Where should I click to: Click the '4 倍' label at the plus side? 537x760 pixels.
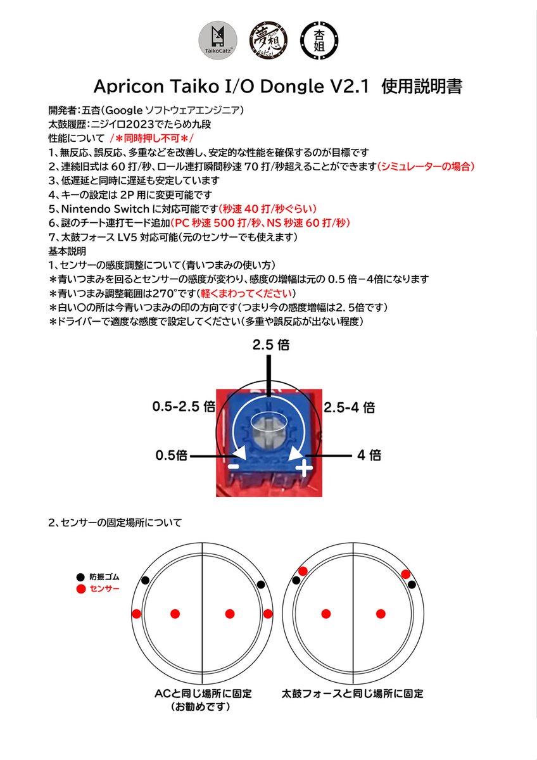[369, 455]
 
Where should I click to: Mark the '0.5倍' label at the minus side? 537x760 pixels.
[173, 455]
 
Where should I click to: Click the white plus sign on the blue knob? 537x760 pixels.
[305, 468]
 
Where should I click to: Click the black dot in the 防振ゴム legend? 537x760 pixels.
[80, 577]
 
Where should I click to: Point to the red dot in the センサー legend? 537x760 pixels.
[80, 590]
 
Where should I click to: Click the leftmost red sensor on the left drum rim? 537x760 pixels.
[136, 613]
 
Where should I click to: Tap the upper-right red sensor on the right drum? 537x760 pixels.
[406, 574]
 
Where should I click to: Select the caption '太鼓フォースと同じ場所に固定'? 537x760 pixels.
[353, 694]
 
